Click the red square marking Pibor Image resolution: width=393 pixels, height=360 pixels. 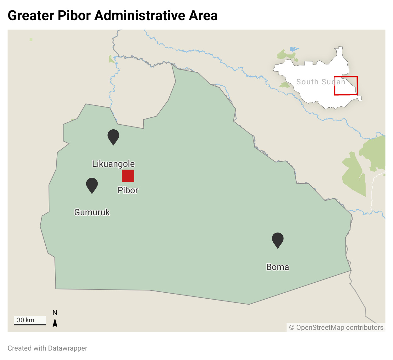[128, 176]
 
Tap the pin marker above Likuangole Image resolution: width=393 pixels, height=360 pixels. [113, 136]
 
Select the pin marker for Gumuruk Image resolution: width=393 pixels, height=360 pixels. [92, 184]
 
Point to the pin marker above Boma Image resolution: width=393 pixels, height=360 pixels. [278, 239]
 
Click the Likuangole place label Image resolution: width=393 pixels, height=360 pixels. [113, 164]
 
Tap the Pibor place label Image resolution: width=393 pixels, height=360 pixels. [128, 190]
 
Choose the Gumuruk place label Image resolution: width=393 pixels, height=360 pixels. [92, 212]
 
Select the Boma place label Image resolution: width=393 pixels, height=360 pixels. [278, 267]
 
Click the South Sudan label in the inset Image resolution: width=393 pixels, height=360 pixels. [321, 82]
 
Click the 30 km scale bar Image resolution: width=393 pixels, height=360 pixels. [30, 324]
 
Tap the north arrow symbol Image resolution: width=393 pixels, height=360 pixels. [55, 323]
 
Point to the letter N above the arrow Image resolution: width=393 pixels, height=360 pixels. [55, 313]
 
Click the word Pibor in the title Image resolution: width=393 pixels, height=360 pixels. [74, 15]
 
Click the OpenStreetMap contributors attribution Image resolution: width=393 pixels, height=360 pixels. [336, 327]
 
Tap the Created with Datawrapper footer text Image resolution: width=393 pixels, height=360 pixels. [48, 348]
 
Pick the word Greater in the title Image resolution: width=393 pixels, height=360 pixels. [30, 15]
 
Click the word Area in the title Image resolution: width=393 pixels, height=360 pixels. [203, 15]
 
